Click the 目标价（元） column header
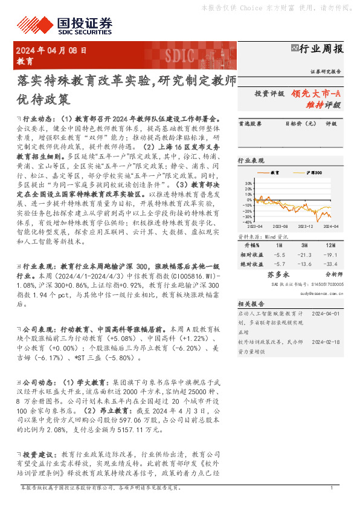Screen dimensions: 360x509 pos(297,123)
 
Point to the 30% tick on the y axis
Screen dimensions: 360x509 pos(248,182)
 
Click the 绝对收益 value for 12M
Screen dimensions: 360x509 pos(331,264)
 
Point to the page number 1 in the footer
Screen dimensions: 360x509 pos(332,488)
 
